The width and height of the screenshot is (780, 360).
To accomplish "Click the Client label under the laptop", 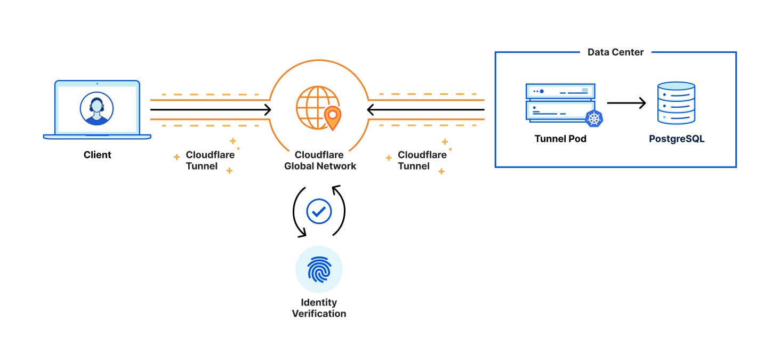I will click(98, 155).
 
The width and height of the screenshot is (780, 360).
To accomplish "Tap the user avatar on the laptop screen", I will click(97, 108).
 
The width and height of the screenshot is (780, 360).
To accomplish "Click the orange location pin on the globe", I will click(333, 117).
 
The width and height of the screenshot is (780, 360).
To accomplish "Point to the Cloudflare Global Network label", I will click(320, 161).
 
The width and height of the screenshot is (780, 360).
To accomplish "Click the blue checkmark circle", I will click(319, 212).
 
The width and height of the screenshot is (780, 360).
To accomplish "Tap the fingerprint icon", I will click(319, 270).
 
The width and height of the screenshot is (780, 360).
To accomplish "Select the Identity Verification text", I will click(319, 308).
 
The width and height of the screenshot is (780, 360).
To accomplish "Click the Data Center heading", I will click(615, 52).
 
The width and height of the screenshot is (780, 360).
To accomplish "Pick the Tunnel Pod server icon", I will click(560, 102).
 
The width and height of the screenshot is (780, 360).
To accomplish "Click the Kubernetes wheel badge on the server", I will click(594, 118).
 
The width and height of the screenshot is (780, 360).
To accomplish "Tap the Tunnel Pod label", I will click(560, 139).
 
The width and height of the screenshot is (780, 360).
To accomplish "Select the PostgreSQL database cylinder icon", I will click(676, 103).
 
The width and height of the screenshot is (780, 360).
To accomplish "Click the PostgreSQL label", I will click(677, 139).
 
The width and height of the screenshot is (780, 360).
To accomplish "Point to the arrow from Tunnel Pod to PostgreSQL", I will click(626, 103).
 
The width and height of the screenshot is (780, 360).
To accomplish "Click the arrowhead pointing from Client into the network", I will click(268, 110).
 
